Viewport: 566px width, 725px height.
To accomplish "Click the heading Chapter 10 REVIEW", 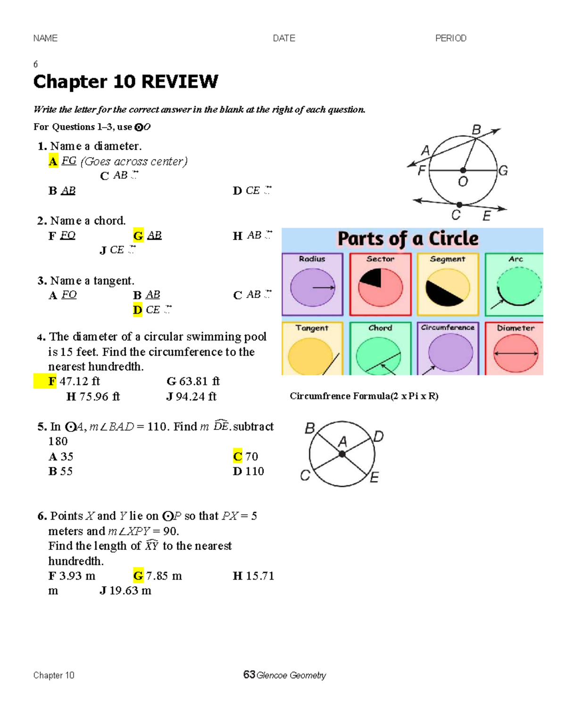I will coord(125,82).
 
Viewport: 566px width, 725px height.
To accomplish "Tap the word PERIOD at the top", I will coord(450,38).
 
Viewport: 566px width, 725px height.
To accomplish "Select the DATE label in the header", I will coord(284,38).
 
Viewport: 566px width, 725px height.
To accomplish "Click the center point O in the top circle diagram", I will coord(463,170).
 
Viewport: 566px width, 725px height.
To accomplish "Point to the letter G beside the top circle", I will coord(503,170).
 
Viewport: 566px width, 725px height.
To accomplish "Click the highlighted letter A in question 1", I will coord(53,161).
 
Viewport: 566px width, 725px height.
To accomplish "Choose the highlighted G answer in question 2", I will coord(138,236).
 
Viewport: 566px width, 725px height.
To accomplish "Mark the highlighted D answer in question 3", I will coord(138,310).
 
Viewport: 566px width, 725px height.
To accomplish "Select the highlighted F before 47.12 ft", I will coord(52,381).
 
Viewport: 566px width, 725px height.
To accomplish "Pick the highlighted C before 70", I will coord(237,456).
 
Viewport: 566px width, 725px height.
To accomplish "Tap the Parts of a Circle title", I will coord(408,239).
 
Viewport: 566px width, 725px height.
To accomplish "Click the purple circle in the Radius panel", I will coord(312,287).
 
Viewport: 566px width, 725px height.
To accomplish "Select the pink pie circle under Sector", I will coord(381,287).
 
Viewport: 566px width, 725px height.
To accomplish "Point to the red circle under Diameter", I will coord(516,353).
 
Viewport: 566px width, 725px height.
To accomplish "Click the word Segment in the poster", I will coord(448,259).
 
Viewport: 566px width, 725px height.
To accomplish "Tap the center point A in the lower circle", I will coord(342,454).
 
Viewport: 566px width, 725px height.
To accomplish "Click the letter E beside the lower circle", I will coord(375,478).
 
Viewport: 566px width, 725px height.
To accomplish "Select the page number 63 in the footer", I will coord(249,675).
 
